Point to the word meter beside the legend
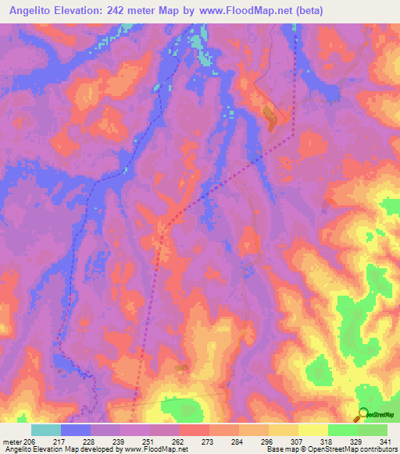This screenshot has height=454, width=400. coord(12,441)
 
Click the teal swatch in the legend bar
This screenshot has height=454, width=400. coord(46,430)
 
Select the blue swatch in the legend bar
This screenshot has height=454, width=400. coord(76,430)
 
